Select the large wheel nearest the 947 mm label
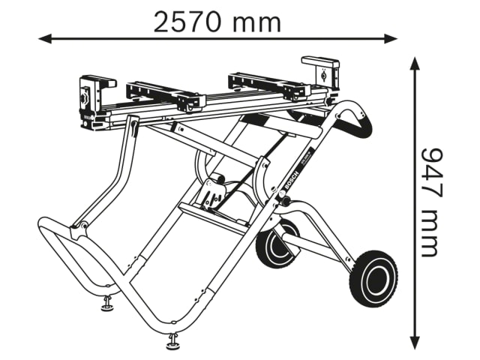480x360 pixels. coord(373,278)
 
